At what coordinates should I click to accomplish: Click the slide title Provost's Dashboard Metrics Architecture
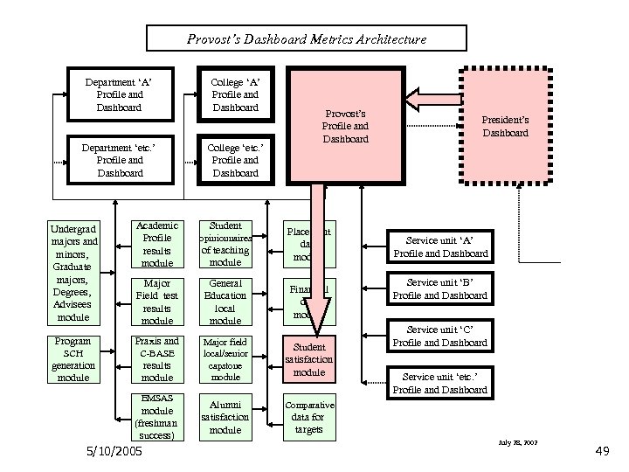307,38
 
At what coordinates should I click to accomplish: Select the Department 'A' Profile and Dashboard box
120,94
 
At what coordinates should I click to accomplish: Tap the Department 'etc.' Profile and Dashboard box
120,160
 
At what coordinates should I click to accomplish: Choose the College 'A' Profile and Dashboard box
236,94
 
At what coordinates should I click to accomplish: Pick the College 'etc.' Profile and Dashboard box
236,160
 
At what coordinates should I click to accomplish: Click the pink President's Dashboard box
505,126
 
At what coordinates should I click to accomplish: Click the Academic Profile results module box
157,244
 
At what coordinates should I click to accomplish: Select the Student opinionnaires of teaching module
225,244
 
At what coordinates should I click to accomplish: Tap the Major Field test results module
157,302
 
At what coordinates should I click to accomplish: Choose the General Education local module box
225,302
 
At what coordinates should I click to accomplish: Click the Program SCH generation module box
73,359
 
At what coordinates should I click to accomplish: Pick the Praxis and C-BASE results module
157,359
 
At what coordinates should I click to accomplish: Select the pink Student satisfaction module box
308,359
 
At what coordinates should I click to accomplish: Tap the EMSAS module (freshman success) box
157,417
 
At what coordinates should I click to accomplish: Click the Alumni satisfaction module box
225,417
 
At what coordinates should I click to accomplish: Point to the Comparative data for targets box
308,417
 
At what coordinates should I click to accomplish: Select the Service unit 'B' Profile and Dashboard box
440,288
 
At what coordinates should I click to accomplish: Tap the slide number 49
601,452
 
